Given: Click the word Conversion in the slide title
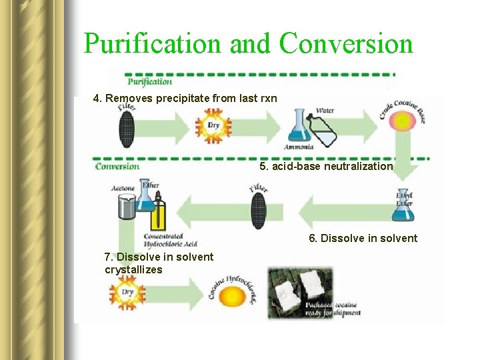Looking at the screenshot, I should click(x=346, y=44).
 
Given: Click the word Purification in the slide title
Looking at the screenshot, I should click(x=153, y=44).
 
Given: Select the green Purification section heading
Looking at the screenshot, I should click(x=149, y=81).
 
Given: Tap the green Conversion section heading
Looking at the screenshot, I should click(x=117, y=165).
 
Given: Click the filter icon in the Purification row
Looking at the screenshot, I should click(x=127, y=127).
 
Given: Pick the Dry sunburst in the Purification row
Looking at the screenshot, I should click(x=213, y=125).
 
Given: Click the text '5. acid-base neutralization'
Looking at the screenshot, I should click(x=326, y=166).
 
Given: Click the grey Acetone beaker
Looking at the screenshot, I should click(x=125, y=207).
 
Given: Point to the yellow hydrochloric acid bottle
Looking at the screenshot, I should click(x=158, y=213).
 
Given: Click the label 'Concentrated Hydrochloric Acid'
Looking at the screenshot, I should click(x=170, y=241).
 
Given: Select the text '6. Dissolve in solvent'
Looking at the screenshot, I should click(x=363, y=239).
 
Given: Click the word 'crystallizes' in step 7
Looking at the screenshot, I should click(x=133, y=269).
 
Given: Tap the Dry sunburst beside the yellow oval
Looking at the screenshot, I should click(x=127, y=293).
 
